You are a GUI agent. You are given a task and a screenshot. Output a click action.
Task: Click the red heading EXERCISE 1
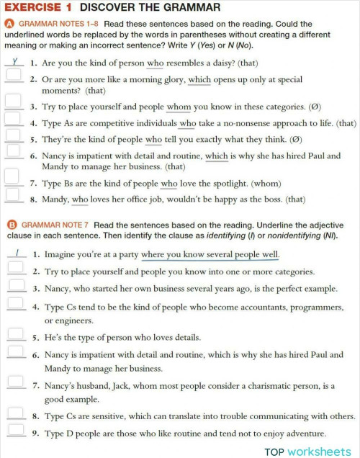point(37,8)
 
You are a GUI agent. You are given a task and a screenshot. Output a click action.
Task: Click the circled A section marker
point(9,23)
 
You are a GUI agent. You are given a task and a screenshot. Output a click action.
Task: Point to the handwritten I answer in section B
point(14,253)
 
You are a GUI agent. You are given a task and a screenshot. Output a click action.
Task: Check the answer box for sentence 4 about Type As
point(12,122)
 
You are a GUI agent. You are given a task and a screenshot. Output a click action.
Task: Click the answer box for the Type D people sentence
point(14,432)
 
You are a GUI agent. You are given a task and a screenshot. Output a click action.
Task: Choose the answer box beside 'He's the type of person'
point(14,336)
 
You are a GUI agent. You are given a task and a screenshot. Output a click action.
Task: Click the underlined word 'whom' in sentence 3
point(179,107)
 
